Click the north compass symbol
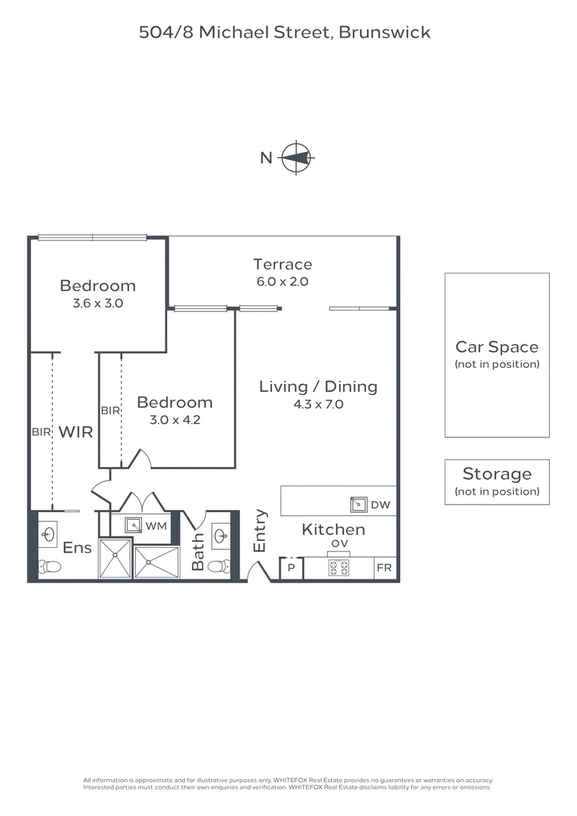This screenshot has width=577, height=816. (x=297, y=157)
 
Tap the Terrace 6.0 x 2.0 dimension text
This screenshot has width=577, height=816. (x=282, y=282)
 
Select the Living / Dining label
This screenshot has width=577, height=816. (x=318, y=387)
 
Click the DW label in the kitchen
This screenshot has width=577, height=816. (x=381, y=505)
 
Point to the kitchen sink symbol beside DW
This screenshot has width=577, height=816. (x=359, y=504)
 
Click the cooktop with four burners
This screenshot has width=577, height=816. (x=338, y=567)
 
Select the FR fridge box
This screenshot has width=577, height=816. (x=384, y=567)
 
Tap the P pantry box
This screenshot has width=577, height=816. (x=292, y=567)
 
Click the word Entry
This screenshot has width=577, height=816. (x=260, y=530)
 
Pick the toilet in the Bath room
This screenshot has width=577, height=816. (x=219, y=566)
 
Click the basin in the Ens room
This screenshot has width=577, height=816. (x=49, y=534)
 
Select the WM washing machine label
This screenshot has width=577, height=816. (x=156, y=526)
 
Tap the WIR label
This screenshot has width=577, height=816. (x=76, y=432)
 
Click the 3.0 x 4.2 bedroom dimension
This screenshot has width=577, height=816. (x=174, y=420)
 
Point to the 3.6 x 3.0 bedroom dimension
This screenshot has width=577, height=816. (x=98, y=304)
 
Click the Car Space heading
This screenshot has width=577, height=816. (x=497, y=347)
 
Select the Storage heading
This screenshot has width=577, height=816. (x=497, y=474)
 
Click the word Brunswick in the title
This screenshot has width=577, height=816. (x=384, y=32)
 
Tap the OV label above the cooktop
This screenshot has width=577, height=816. (x=339, y=544)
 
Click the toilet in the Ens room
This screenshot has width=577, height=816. (x=50, y=566)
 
